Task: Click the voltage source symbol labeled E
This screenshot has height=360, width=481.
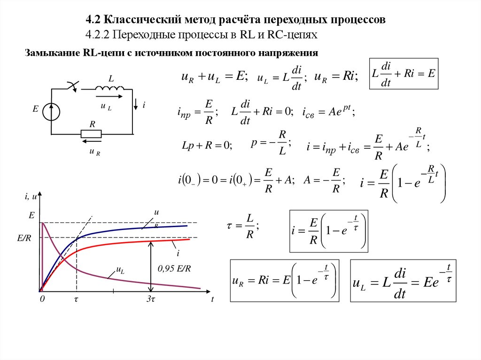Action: tap(51, 111)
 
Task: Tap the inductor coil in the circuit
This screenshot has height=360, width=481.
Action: tap(109, 88)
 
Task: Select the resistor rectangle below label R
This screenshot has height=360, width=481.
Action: tap(92, 134)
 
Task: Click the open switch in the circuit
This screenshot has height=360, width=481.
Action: tap(73, 85)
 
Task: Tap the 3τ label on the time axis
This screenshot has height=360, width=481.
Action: tap(150, 299)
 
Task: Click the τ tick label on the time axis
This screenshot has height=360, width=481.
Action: tap(76, 299)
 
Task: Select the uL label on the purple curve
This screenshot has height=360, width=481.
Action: tap(120, 270)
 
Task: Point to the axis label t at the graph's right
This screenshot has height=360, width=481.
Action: tap(212, 299)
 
